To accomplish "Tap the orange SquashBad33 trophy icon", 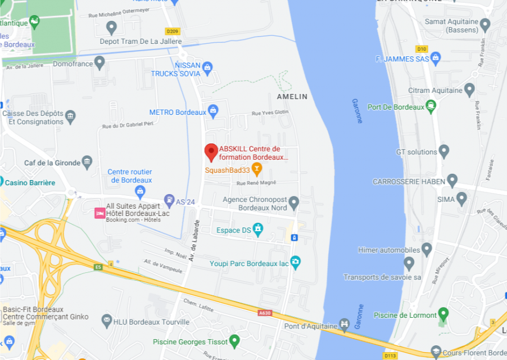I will point(257,168).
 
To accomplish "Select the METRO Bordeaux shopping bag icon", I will point(212,111).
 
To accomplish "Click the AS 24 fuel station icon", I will point(169,200).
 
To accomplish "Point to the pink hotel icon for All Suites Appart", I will point(99,213).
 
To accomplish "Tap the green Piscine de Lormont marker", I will point(443,313).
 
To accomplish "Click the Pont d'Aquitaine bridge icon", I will point(345,325).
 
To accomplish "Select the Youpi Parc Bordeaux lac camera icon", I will point(295,262).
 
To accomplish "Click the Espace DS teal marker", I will point(257,229).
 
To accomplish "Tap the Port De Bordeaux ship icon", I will point(431,106).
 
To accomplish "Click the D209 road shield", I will point(171,31).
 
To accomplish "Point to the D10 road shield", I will point(422,49).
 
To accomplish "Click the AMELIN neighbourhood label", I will point(292,97).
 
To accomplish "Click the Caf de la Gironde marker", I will point(87,163).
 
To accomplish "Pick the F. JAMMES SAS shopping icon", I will point(435,58).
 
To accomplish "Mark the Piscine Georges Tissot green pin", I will point(234,340).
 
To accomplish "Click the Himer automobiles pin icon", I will point(427,249).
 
